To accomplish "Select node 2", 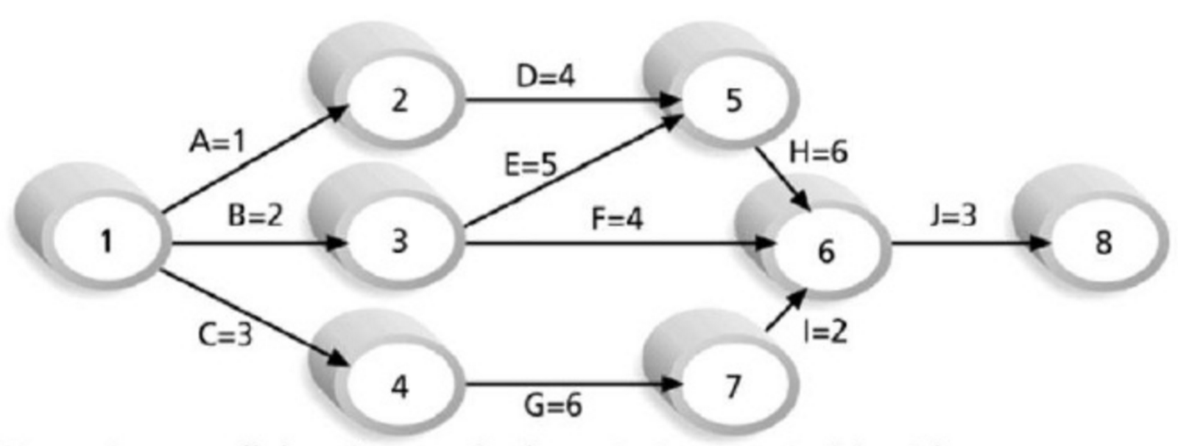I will [x=399, y=100].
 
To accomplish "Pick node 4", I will [x=399, y=386].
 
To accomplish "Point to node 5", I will [x=733, y=100].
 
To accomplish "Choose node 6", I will [x=826, y=251].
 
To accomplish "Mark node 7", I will [x=733, y=386].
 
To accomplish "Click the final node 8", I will [x=1103, y=242].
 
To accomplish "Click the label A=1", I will [x=216, y=141].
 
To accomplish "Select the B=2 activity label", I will [x=255, y=216].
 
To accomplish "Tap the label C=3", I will [x=225, y=335].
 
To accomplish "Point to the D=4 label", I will [x=546, y=75].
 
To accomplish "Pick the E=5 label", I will [x=530, y=165].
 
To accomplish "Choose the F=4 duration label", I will [x=617, y=218].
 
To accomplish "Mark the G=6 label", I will [x=552, y=405].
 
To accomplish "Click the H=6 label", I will [x=818, y=153].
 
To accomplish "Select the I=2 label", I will [x=825, y=332].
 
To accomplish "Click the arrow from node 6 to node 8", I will [x=964, y=242].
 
